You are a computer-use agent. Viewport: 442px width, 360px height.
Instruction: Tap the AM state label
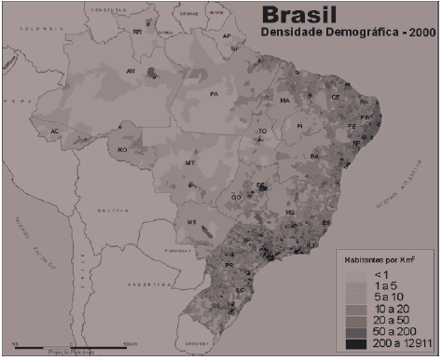pyautogui.click(x=131, y=71)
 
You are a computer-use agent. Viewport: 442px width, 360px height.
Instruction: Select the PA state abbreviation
pyautogui.click(x=214, y=94)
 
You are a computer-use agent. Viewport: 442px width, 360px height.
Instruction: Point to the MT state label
pyautogui.click(x=190, y=163)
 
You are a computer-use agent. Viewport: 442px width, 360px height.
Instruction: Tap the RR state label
pyautogui.click(x=138, y=31)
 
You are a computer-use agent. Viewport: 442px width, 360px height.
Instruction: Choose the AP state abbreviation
pyautogui.click(x=227, y=36)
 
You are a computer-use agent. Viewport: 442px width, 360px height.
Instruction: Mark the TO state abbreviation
pyautogui.click(x=262, y=132)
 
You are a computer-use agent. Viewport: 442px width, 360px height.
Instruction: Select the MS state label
pyautogui.click(x=193, y=222)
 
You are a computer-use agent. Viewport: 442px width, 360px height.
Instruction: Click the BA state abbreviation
pyautogui.click(x=315, y=156)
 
